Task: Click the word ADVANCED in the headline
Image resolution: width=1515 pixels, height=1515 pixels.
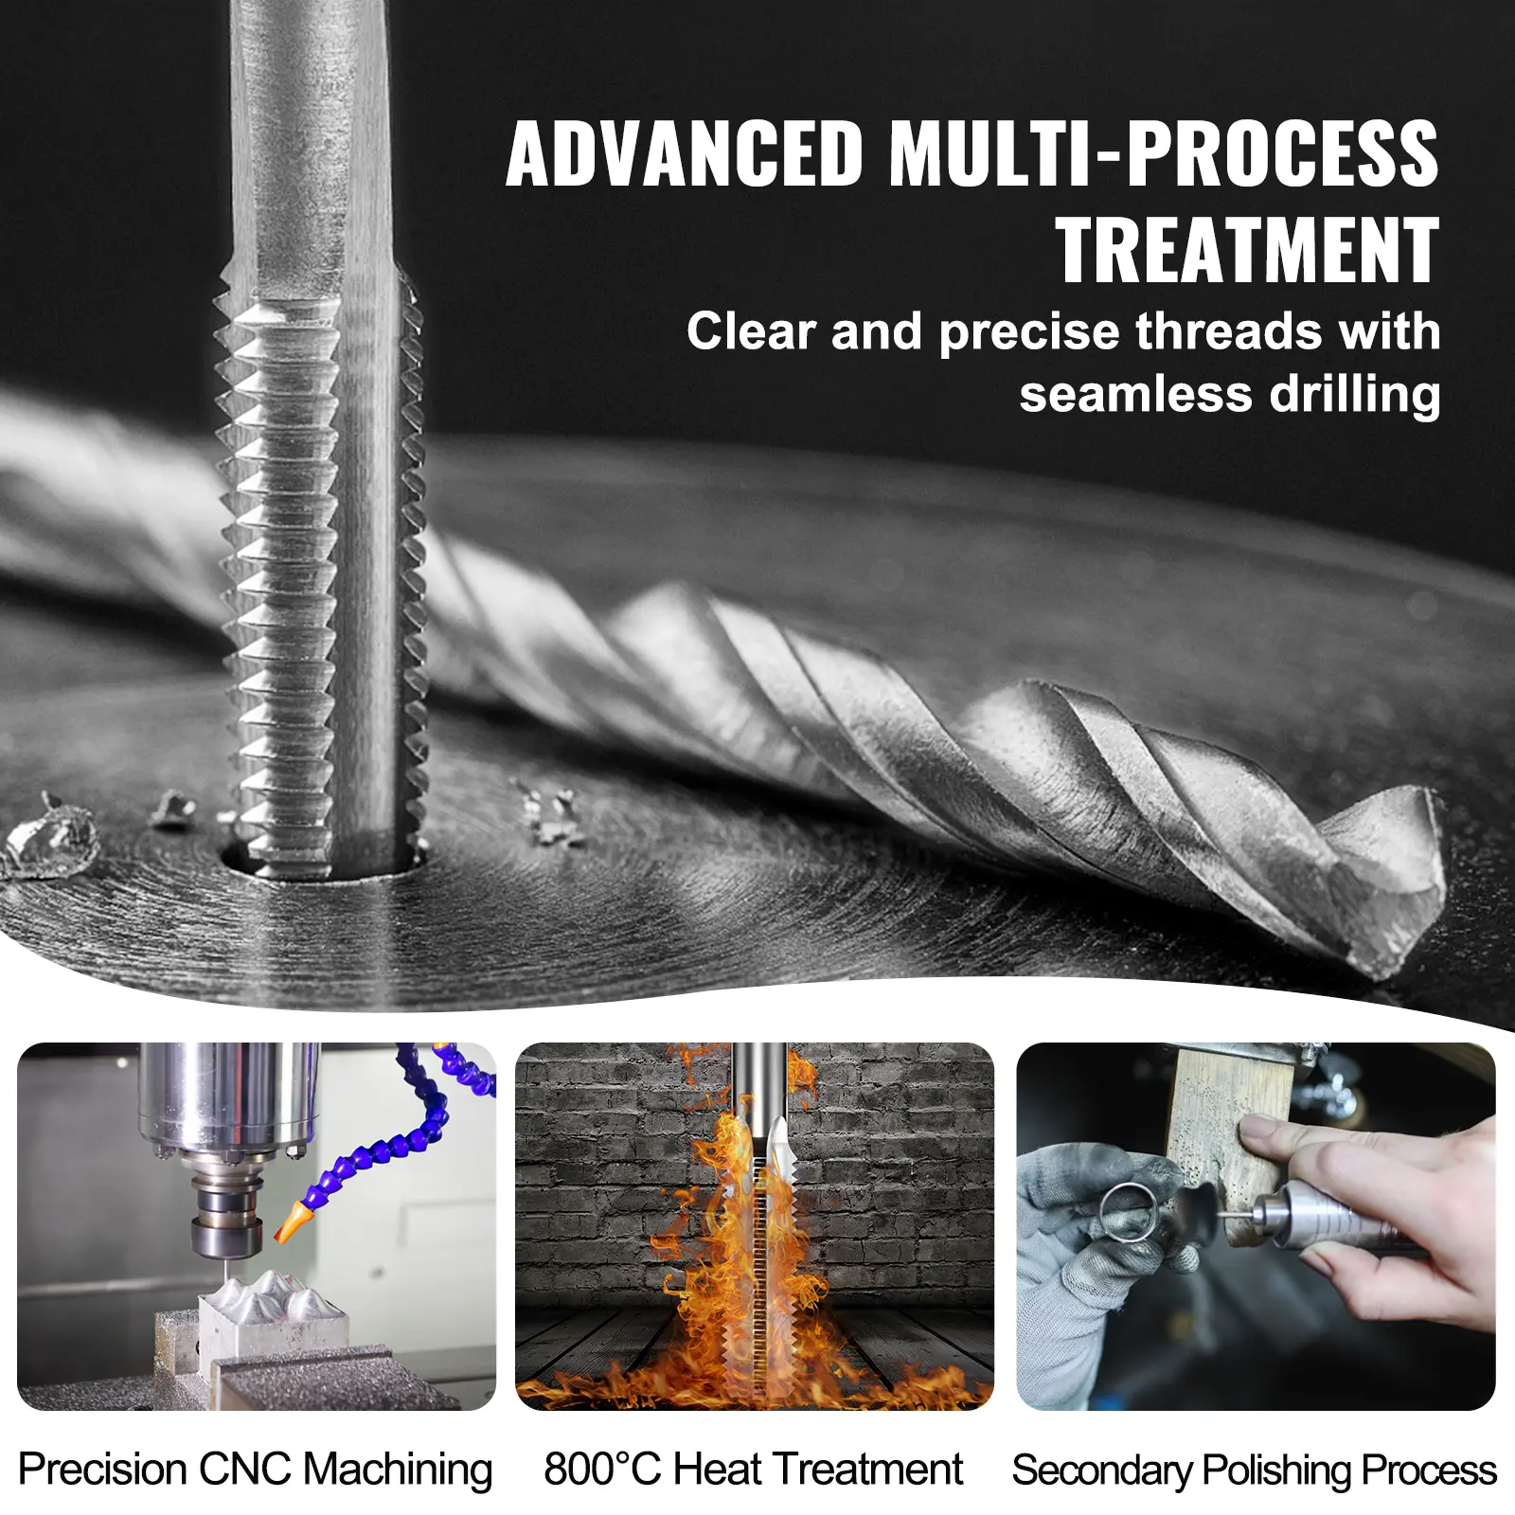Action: click(685, 153)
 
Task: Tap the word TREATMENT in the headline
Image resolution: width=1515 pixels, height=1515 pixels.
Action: click(1248, 250)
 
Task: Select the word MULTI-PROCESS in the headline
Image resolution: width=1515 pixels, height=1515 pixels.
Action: click(1164, 153)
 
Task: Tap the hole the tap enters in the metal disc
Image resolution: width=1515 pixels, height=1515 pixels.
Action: click(322, 859)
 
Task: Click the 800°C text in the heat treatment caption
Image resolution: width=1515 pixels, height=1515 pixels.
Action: click(601, 1470)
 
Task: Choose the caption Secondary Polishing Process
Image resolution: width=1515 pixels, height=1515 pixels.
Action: click(1255, 1471)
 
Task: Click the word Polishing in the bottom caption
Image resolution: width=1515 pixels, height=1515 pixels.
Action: click(1277, 1471)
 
